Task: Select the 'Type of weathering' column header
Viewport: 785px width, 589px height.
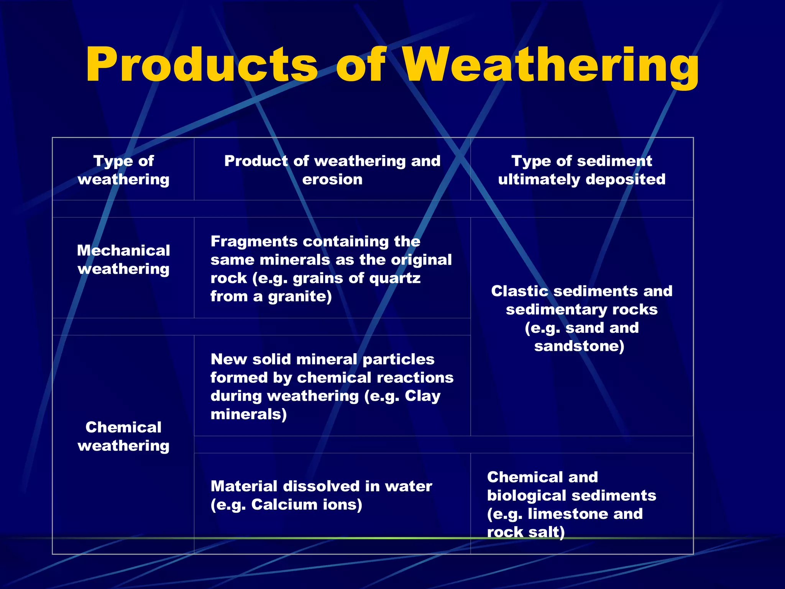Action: point(123,170)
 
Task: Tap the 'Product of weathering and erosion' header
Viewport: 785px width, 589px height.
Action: point(332,170)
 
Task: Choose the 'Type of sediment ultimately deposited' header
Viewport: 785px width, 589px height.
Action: point(581,170)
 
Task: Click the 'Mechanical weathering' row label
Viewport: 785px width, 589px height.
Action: point(123,260)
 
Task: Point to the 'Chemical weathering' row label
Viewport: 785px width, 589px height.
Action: point(123,436)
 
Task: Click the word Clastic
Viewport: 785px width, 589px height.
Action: point(520,291)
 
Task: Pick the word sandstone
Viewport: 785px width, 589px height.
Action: point(579,346)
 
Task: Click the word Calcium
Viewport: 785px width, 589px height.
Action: point(284,505)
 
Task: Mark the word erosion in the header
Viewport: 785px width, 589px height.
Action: point(332,179)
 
